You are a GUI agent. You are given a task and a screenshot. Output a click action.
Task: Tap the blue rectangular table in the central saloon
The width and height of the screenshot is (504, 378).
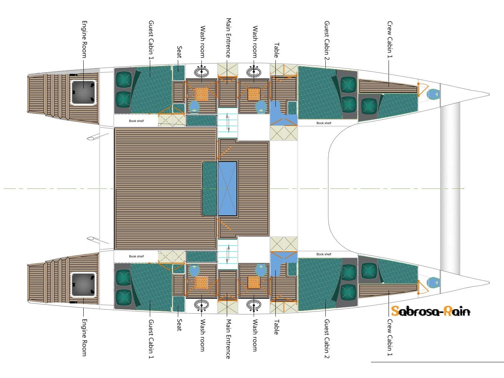click(x=228, y=188)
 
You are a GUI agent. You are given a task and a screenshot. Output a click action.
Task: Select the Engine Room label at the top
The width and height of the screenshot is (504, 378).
click(x=84, y=39)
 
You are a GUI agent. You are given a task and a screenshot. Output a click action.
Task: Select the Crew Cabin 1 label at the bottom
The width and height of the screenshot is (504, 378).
click(x=390, y=337)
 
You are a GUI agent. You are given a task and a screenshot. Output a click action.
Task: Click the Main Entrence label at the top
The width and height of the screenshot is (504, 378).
click(x=228, y=37)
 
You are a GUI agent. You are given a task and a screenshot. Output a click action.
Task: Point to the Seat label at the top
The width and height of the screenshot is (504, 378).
click(x=179, y=52)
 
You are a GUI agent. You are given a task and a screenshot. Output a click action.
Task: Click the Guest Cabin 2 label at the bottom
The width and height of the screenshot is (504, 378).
click(x=327, y=338)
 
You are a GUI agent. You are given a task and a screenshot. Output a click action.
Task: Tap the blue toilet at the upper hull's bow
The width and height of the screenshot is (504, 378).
click(x=433, y=94)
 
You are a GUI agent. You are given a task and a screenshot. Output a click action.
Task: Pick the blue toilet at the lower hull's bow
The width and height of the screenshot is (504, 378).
click(x=433, y=283)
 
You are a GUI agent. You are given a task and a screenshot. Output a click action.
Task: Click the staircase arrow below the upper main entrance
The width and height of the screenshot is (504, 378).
click(x=228, y=123)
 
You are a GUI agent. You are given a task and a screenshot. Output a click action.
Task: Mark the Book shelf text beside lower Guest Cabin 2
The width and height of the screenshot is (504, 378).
click(x=324, y=254)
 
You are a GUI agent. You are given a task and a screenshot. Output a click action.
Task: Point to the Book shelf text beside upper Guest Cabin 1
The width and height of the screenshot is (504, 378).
click(x=136, y=121)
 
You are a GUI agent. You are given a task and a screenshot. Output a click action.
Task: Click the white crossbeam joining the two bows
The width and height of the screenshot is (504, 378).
click(x=450, y=187)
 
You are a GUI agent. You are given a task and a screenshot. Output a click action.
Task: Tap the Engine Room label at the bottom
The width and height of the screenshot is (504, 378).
click(x=84, y=337)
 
